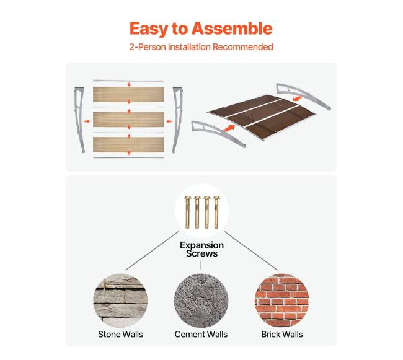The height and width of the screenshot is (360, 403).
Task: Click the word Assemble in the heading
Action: point(232,29)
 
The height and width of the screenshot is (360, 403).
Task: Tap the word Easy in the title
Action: point(149,29)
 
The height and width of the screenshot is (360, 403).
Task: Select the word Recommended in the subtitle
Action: point(242,47)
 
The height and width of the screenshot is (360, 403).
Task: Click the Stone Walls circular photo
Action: point(120,301)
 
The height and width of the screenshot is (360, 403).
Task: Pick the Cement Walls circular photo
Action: point(201,301)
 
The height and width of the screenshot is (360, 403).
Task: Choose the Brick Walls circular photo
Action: point(281,301)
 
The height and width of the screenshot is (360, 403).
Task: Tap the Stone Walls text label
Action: point(120,335)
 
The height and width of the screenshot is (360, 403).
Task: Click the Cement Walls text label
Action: point(201,335)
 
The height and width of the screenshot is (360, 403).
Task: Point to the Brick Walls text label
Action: point(282,335)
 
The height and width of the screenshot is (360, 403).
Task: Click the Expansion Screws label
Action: point(201,249)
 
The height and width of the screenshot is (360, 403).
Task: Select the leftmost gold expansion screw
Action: point(187,213)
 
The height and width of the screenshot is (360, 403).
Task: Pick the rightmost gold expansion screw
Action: point(216,213)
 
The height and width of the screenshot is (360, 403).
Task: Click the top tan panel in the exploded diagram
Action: point(128,95)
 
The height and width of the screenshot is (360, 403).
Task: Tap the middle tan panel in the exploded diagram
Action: point(128,120)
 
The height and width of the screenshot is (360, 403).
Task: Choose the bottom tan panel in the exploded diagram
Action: point(128,144)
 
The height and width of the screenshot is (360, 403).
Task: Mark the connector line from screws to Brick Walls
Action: point(251,251)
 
